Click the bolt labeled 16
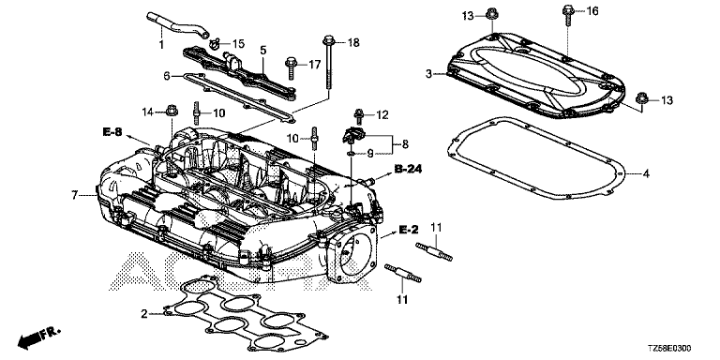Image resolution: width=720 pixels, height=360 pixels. (567, 16)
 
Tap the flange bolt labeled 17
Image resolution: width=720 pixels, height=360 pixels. (292, 67)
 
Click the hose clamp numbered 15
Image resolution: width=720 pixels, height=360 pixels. (215, 44)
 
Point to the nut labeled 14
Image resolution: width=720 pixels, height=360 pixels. (172, 111)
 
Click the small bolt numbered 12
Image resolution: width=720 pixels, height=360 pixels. (358, 116)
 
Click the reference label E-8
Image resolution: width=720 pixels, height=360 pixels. (112, 133)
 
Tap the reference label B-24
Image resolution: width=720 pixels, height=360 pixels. (408, 170)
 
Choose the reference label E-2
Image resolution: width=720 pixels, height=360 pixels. (409, 228)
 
